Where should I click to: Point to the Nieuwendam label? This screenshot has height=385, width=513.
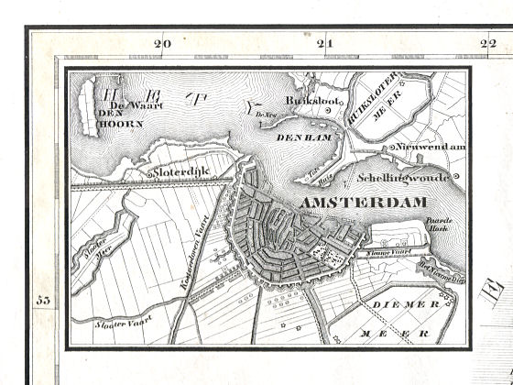tap(431, 147)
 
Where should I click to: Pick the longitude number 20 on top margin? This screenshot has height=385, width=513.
tap(164, 43)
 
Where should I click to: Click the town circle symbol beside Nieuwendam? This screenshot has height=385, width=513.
tap(390, 147)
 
